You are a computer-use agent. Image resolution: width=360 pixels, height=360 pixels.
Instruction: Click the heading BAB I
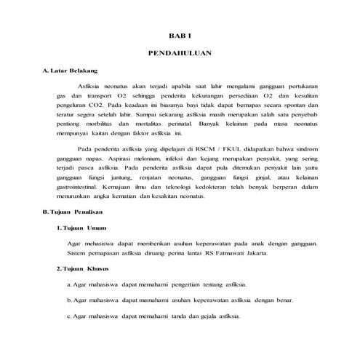[178, 36]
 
